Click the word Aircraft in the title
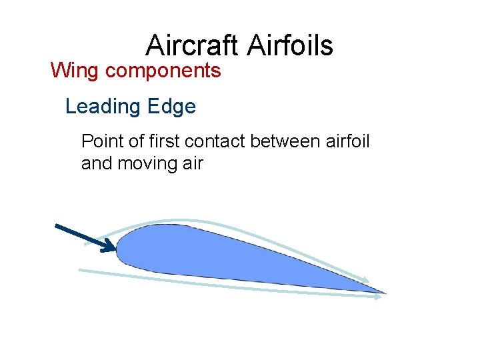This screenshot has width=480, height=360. pos(192,45)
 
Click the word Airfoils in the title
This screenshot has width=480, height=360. pos(290,45)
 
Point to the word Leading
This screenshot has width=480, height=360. pos(102,107)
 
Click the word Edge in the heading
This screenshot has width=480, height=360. pos(173,107)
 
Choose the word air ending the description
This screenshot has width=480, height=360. pos(191,163)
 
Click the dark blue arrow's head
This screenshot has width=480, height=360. pos(109,247)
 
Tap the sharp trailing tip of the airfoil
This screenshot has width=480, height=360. pos(383,292)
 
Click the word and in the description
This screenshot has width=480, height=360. pos(97,163)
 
